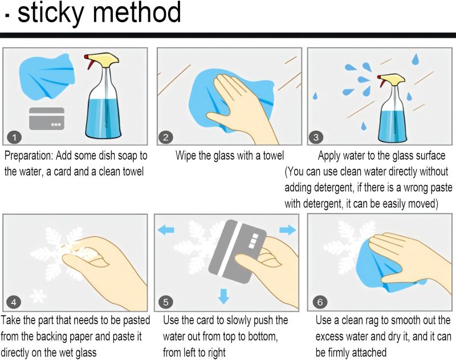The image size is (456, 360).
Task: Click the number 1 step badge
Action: pos(14,137)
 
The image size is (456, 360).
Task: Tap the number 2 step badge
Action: pos(165,137)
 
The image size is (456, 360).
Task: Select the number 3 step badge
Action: pos(316,137)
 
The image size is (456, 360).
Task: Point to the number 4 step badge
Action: pos(14,302)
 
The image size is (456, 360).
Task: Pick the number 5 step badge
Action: pos(165,302)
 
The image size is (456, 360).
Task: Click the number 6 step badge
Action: pos(320,302)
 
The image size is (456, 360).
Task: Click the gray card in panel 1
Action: pos(47,119)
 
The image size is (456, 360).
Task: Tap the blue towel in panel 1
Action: pos(47,76)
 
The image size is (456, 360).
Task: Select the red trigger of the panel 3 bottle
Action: pos(380,81)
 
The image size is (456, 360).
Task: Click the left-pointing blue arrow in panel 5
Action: pos(166,230)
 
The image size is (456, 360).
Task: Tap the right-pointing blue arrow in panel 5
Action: pos(288,229)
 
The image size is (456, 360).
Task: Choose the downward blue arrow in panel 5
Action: pos(223,296)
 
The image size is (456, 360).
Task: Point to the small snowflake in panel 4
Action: pos(38,296)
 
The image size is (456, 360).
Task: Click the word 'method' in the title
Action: pos(137,12)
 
